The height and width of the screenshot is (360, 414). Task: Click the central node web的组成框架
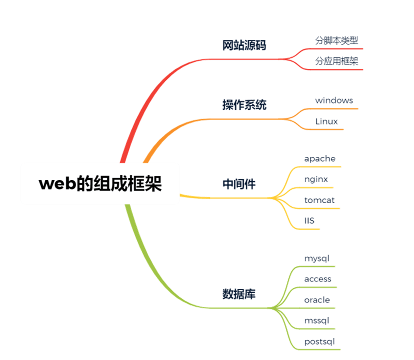(100, 184)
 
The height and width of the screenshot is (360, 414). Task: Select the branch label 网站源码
(244, 45)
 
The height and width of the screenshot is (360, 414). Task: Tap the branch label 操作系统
(244, 105)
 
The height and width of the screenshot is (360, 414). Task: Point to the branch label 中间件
(238, 184)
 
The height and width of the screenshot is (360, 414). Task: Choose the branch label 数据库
(238, 294)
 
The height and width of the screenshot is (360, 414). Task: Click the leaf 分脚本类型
(336, 40)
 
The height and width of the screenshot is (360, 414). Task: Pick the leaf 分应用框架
(336, 61)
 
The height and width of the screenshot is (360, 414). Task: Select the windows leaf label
(334, 100)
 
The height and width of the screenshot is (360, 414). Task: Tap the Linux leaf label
(326, 121)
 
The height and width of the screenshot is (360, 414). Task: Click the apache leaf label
(320, 159)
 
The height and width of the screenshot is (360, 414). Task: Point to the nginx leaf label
(316, 179)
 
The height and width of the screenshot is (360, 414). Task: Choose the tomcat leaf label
(319, 200)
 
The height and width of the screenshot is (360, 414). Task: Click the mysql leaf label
(317, 259)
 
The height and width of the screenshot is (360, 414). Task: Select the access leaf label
(318, 279)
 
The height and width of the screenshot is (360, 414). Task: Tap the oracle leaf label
(317, 300)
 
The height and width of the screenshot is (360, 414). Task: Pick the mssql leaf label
(317, 320)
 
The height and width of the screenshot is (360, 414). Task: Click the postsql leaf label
(319, 342)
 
